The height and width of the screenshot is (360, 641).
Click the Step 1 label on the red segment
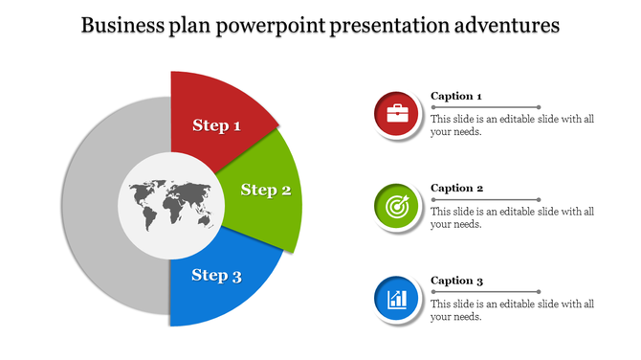[x=216, y=125]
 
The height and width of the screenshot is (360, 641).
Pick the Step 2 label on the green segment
[x=265, y=190]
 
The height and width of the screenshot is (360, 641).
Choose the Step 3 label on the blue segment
[x=216, y=276]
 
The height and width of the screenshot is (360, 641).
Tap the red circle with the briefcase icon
[x=396, y=116]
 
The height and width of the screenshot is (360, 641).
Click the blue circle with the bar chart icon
[x=396, y=300]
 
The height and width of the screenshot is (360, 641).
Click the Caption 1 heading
[x=456, y=96]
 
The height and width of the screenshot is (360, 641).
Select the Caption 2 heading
[x=456, y=188]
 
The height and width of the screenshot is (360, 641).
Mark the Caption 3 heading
[x=456, y=281]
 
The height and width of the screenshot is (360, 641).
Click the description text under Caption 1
[x=512, y=125]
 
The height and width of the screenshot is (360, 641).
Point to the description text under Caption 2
[x=512, y=217]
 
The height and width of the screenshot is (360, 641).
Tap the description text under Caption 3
[x=512, y=310]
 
